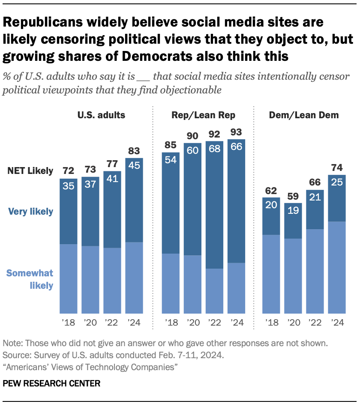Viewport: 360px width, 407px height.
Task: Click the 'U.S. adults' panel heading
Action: tap(101, 115)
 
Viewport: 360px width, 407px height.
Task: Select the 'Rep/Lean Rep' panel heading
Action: tap(204, 115)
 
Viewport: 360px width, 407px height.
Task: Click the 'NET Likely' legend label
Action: tap(30, 171)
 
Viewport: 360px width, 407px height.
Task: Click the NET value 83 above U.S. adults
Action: tap(134, 151)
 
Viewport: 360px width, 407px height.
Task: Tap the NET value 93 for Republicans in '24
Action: tap(236, 132)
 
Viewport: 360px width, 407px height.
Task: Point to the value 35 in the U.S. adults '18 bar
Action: tap(68, 186)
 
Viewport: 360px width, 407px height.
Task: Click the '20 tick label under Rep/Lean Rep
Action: tap(192, 323)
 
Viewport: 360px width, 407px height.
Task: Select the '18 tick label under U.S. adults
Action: tap(68, 323)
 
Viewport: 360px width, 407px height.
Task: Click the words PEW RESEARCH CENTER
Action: tap(52, 383)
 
